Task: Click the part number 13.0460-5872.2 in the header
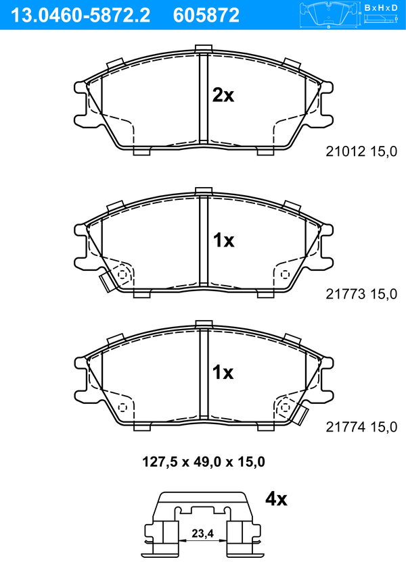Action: [x=81, y=16]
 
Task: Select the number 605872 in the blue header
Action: [x=206, y=16]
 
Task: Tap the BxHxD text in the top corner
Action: [x=381, y=7]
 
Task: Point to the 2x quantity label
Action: [x=223, y=96]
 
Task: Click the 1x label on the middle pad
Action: [x=223, y=240]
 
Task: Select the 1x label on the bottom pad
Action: [x=223, y=372]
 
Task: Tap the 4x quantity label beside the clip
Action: [x=276, y=499]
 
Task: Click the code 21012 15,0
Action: [x=361, y=151]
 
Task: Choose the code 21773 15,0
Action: [x=361, y=294]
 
